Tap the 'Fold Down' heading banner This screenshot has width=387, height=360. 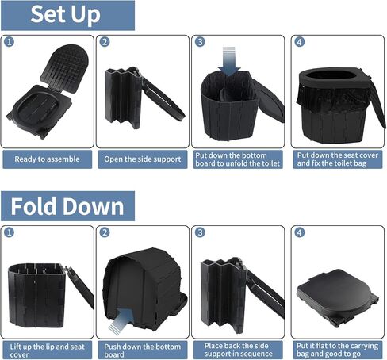67,206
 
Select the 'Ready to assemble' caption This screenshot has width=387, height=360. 47,159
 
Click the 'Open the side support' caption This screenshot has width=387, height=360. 143,159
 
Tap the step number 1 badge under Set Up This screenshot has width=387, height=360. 9,42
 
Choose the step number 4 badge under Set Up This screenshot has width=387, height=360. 298,42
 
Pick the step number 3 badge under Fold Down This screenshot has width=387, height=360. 201,232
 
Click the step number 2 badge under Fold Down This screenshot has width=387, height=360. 105,232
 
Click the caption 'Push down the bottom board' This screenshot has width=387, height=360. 143,350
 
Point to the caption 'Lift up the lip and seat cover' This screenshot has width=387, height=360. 47,350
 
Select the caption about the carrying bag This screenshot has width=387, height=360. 336,350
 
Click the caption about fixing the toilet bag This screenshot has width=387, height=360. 336,159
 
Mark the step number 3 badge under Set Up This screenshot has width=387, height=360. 201,42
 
